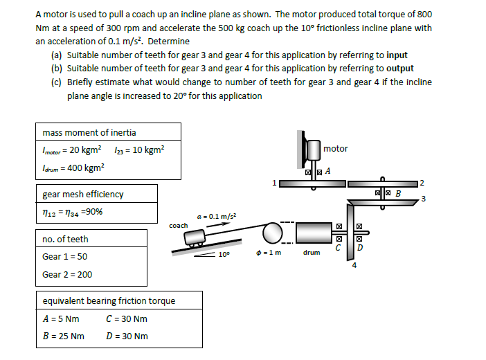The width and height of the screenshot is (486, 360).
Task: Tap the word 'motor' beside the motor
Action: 336,149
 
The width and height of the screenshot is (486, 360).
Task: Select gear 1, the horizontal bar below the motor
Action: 312,183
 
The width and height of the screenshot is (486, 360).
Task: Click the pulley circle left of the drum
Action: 271,233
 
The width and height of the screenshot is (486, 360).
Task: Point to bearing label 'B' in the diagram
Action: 398,192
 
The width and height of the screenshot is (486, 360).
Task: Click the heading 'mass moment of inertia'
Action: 89,132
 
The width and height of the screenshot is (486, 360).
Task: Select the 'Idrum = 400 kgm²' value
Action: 73,167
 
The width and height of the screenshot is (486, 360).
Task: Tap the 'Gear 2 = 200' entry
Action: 67,274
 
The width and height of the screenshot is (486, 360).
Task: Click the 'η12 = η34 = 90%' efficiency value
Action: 73,211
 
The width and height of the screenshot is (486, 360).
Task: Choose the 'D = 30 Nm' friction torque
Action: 127,336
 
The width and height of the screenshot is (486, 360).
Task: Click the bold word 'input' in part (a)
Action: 397,55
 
